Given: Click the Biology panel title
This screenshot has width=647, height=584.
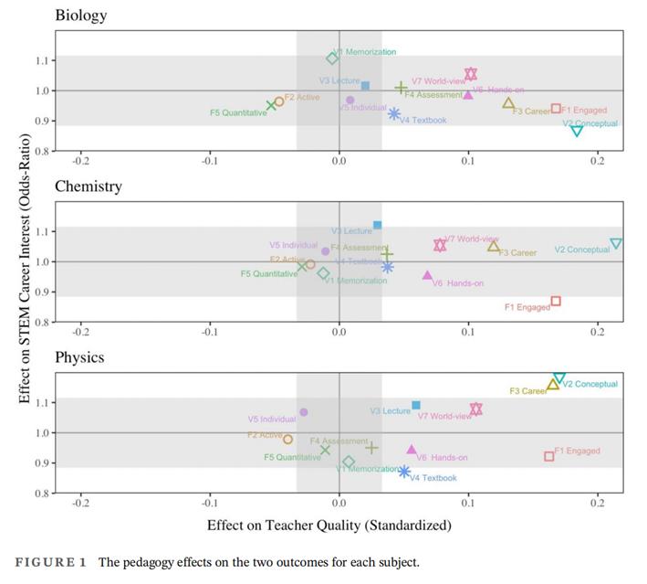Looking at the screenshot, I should click(x=80, y=15).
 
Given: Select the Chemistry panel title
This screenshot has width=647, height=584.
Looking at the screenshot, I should click(x=88, y=186).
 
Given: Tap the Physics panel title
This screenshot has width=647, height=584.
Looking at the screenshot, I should click(x=79, y=357).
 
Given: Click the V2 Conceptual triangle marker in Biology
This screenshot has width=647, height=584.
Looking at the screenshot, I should click(x=577, y=132).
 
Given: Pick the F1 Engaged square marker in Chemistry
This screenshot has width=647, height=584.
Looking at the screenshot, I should click(x=556, y=302).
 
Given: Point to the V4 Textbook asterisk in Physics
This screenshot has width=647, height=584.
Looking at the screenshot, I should click(x=404, y=472).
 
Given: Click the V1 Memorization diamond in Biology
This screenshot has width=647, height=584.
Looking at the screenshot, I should click(x=333, y=58).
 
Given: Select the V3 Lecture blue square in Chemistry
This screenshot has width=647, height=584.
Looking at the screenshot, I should click(x=377, y=225).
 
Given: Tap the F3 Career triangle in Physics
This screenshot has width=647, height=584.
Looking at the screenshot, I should click(x=553, y=385).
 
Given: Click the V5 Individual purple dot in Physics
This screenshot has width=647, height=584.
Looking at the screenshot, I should click(x=304, y=412).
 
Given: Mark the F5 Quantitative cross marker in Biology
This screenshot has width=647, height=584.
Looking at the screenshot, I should click(x=271, y=106).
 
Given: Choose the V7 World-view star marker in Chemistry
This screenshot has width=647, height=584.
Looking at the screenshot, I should click(x=440, y=245).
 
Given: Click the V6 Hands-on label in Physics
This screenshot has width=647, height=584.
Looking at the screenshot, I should click(x=443, y=458).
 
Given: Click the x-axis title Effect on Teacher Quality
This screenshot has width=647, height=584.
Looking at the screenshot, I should click(x=329, y=526).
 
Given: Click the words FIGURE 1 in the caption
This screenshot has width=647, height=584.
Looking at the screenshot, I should click(x=49, y=562).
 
